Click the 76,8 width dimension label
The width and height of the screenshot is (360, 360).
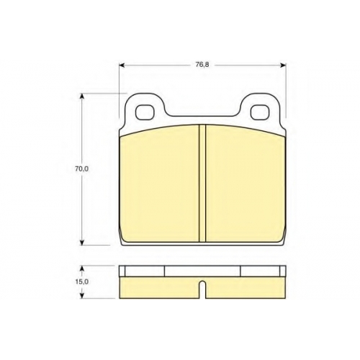[202, 65]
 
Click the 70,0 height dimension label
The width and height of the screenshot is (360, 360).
[81, 169]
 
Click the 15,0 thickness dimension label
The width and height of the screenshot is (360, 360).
[82, 282]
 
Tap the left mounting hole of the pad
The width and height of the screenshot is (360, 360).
[144, 112]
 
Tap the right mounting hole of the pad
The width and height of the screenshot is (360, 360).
[259, 112]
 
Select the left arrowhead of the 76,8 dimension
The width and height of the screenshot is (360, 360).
[122, 65]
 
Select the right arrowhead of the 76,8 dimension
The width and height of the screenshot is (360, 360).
[283, 65]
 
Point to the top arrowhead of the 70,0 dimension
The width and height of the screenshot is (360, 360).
[82, 96]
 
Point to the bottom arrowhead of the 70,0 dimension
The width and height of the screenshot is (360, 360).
[82, 242]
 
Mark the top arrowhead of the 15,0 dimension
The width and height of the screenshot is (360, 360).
[82, 269]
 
